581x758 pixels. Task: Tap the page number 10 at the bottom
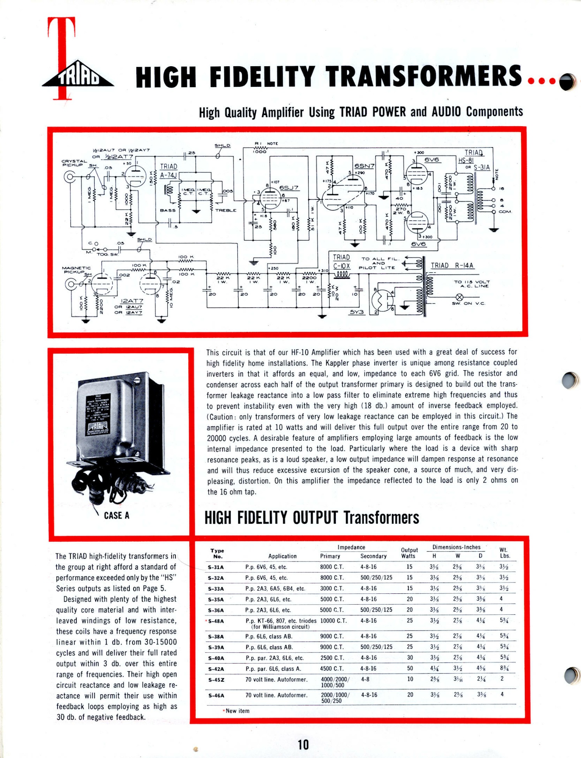[303, 744]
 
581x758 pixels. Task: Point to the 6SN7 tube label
[364, 166]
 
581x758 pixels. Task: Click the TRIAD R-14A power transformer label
[452, 266]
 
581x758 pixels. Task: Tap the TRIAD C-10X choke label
[341, 262]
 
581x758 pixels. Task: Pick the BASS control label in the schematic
[168, 210]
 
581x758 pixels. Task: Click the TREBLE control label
[226, 210]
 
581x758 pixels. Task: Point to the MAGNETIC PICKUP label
[76, 270]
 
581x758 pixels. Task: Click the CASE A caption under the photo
[116, 516]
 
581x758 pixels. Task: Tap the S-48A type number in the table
[216, 621]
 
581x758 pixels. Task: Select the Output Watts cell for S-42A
[410, 668]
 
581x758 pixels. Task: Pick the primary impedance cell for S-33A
[332, 588]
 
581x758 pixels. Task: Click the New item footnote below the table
[237, 711]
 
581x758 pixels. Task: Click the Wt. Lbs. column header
[505, 553]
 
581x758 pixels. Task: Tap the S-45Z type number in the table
[216, 680]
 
